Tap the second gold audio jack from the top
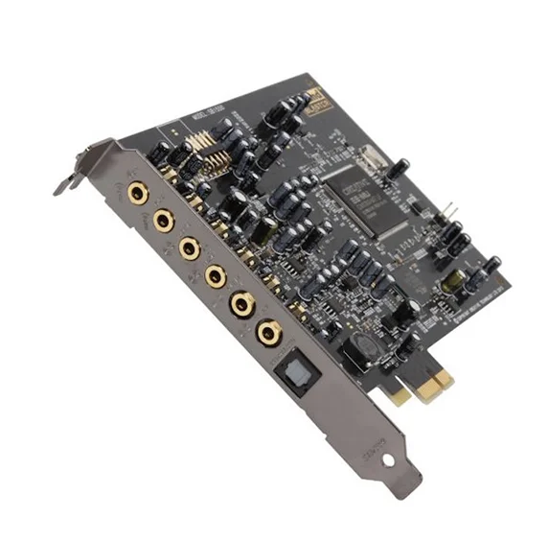165,222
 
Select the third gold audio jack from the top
190,248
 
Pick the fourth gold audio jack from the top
216,276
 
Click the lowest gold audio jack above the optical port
269,333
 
